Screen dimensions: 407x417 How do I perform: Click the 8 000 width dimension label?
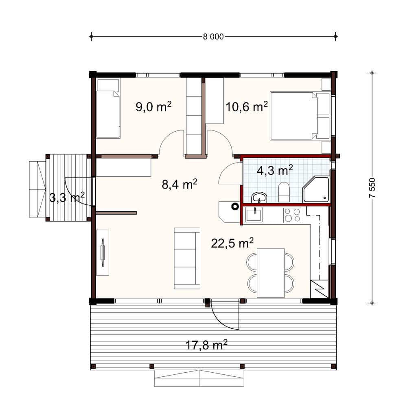click(213, 37)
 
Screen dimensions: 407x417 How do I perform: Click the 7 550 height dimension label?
click(372, 188)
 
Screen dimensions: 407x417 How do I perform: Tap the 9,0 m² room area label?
click(153, 106)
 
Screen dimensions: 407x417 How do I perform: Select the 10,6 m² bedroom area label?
click(246, 106)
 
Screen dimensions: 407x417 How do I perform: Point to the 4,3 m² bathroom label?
click(275, 169)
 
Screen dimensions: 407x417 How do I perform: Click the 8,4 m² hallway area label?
click(179, 184)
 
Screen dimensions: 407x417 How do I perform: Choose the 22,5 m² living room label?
click(232, 243)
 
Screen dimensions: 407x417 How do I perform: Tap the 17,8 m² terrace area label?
click(206, 345)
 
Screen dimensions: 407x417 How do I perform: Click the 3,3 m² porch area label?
click(67, 197)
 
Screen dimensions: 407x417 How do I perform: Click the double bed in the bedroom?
click(300, 116)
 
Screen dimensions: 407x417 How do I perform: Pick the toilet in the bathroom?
click(284, 192)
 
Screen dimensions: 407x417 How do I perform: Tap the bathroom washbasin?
click(259, 198)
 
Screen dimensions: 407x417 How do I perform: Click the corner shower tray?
click(316, 189)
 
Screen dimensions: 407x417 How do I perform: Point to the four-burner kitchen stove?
click(292, 215)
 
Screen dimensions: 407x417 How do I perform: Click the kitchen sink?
click(254, 214)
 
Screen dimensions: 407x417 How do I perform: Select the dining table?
click(271, 273)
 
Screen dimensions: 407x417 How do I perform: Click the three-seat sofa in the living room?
click(187, 258)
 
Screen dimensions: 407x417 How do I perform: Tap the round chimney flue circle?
click(235, 206)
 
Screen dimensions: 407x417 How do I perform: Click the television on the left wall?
click(103, 252)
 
